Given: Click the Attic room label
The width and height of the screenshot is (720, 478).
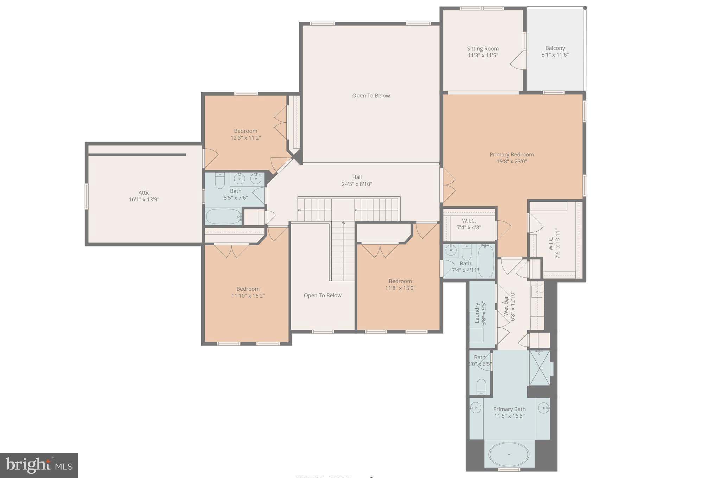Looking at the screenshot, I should coord(144,193).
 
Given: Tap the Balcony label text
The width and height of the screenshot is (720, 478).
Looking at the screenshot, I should coord(555,48).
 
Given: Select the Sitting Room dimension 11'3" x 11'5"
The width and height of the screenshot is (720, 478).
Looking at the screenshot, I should coord(483,56).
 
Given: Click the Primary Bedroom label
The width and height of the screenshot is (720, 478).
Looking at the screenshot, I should coord(511,155).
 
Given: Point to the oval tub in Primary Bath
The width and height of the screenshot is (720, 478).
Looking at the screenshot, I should coord(509,454).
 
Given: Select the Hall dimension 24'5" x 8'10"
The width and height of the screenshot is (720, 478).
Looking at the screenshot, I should coord(357,184).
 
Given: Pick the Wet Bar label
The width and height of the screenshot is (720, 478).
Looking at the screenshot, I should coord(506,306).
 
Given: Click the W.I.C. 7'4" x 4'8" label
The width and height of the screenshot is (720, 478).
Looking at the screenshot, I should coord(469,224).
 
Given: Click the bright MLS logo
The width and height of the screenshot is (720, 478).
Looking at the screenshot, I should coord(39,465).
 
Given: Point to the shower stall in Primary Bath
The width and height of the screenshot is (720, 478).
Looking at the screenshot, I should coord(539,368).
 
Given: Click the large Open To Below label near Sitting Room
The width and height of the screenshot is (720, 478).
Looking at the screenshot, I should coord(371,96).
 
